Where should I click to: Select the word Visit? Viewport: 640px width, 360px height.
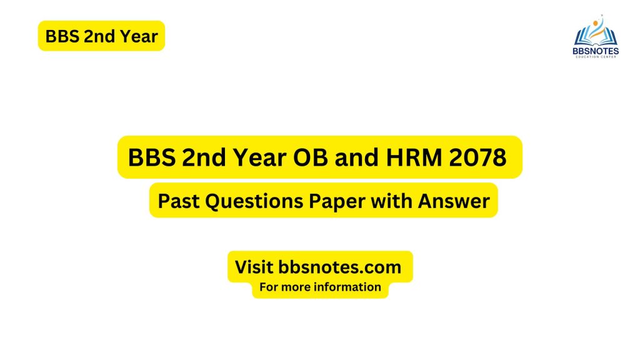[254, 267]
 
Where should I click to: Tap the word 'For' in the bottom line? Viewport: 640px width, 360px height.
[270, 287]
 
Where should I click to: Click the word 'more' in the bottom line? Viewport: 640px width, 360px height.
[301, 287]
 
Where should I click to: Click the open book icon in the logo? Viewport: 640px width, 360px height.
[595, 34]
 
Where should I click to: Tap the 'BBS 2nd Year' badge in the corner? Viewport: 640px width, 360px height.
[101, 36]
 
